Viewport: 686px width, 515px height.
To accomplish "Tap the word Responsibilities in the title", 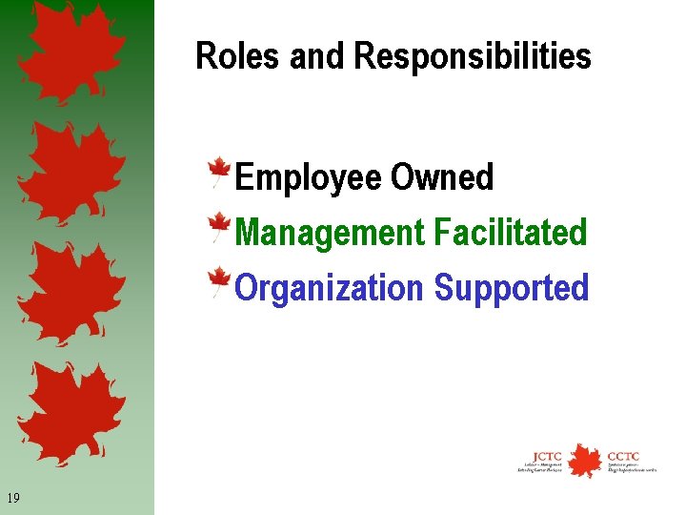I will pos(473,57).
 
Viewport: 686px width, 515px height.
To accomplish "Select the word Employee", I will pos(307,178).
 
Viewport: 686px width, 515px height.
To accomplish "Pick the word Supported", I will pos(512,288).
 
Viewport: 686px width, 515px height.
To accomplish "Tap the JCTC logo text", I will pos(547,455).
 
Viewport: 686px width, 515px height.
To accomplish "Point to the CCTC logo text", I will pos(623,455).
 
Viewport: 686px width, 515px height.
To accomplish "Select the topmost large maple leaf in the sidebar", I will pos(71,52).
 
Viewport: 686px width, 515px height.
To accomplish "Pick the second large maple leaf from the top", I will pos(71,172).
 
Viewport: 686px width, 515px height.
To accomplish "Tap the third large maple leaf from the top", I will pos(71,291).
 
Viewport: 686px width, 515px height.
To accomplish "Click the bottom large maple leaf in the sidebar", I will pos(71,410).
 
